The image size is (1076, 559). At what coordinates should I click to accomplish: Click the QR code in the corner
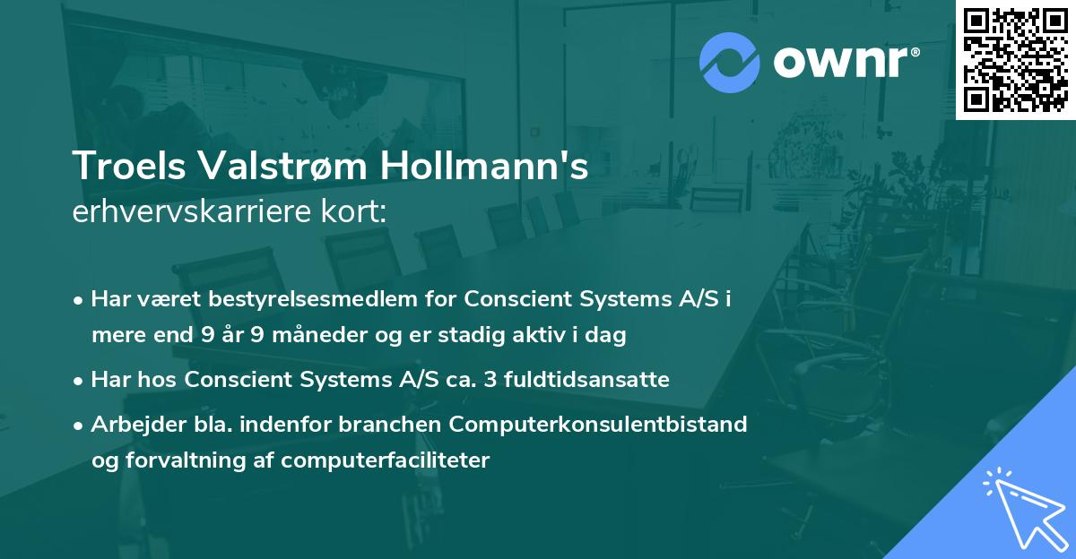pos(1016,60)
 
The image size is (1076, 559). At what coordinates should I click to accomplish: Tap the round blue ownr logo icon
pos(730,62)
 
